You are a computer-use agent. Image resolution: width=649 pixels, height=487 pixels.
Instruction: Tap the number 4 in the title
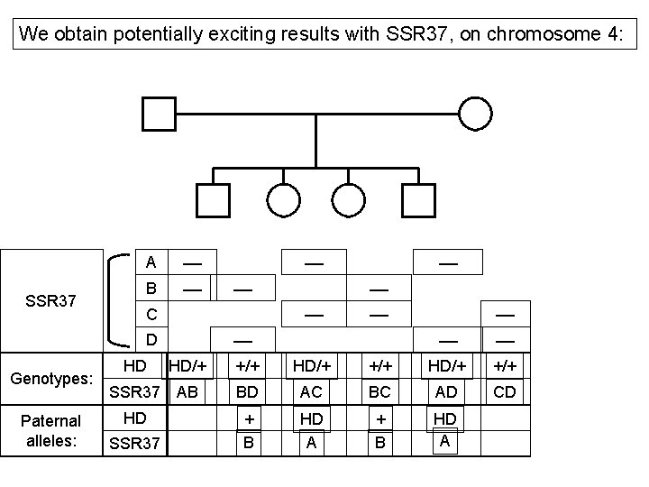615,35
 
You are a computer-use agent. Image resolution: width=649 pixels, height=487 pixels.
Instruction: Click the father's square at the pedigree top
159,114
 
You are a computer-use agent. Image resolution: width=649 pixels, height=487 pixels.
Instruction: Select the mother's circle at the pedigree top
476,114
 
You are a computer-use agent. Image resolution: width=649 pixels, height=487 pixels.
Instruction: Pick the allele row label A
151,262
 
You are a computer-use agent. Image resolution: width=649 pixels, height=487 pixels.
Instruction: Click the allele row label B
151,288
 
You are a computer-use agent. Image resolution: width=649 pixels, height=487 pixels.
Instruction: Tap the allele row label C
151,314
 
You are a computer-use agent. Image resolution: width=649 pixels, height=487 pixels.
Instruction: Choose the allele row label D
151,339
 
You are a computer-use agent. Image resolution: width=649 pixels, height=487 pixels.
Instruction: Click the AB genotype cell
187,392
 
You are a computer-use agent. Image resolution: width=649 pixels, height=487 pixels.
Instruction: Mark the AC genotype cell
311,392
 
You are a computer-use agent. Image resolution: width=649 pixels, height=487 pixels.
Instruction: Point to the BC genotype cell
379,392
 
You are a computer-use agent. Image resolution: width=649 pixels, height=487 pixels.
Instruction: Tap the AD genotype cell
446,392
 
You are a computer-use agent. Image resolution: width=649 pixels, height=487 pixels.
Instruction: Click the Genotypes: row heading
50,379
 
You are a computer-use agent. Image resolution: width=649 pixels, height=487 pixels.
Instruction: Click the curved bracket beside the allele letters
114,300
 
